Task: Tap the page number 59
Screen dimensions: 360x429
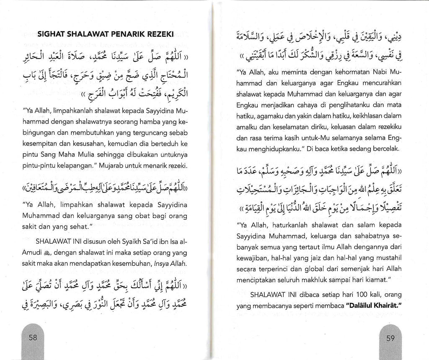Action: pos(390,338)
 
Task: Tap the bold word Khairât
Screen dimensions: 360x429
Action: pos(385,301)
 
